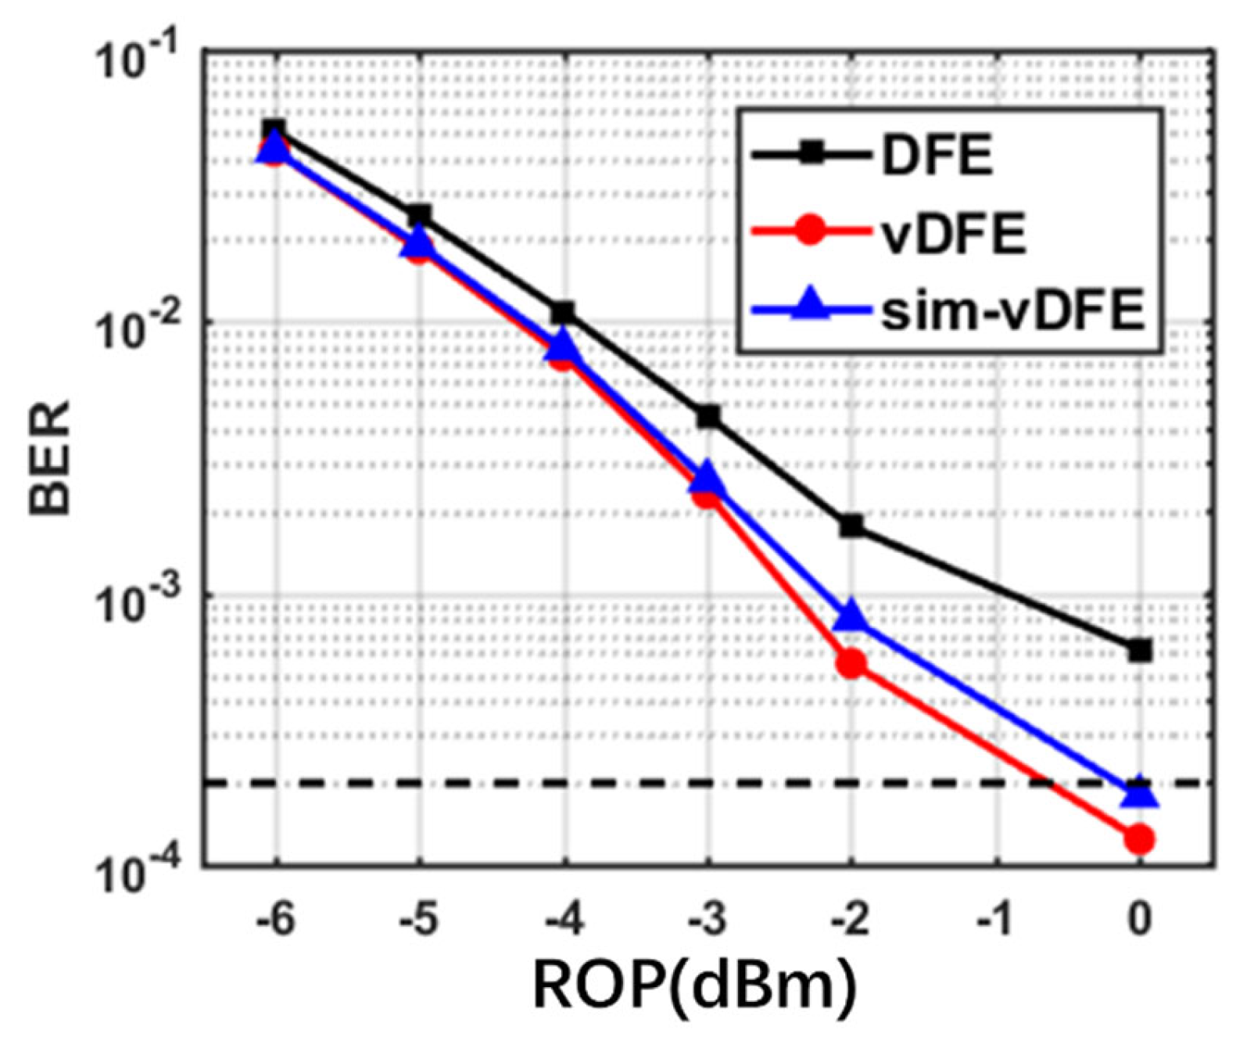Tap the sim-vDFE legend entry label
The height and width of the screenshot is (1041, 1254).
tap(1013, 311)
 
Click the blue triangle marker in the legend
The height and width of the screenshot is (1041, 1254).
tap(810, 305)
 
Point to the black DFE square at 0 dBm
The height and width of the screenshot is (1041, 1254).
tap(1139, 650)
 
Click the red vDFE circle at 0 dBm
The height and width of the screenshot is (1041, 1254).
tap(1139, 839)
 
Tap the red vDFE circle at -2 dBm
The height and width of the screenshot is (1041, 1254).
tap(851, 664)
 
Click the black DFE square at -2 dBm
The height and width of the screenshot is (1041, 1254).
tap(851, 526)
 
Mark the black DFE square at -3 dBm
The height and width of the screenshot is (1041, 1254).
tap(708, 416)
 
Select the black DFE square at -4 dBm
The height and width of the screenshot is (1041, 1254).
tap(563, 313)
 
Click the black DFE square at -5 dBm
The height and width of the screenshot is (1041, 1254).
tap(419, 215)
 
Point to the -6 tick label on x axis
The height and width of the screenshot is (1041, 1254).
tap(274, 919)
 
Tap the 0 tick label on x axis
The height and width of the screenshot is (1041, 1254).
tap(1139, 919)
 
